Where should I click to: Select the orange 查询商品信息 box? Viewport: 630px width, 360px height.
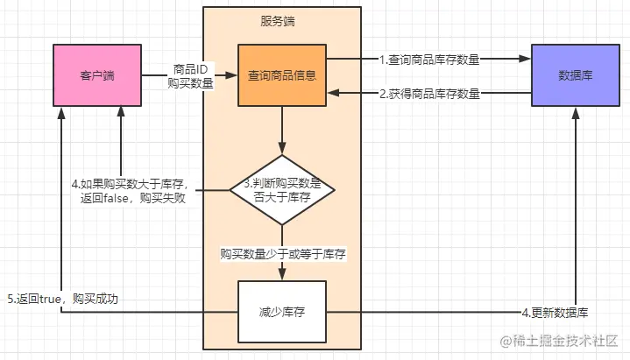point(282,74)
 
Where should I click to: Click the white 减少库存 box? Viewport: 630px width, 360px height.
point(282,314)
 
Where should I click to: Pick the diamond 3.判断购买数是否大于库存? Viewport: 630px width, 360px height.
point(282,190)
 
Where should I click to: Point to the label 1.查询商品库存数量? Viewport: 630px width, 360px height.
point(429,60)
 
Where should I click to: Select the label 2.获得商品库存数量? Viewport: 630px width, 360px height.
point(429,94)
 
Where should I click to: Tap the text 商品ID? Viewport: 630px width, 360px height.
point(191,68)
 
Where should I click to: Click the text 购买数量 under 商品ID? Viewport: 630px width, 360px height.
point(191,83)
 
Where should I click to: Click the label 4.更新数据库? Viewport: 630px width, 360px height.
point(555,313)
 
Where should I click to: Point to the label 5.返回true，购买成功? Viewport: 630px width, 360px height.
point(62,299)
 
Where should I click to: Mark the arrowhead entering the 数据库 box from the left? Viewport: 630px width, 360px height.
point(527,59)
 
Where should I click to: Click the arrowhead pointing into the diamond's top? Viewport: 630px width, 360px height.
point(282,150)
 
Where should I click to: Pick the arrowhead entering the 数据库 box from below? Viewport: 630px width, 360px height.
point(576,117)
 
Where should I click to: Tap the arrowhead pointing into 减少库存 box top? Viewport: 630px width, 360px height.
point(282,275)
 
